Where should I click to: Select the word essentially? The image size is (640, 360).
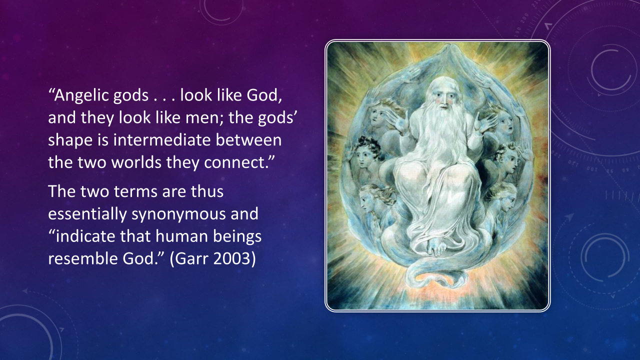(87, 214)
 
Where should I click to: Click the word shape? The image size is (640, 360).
(70, 141)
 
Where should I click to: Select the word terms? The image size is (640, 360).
(135, 191)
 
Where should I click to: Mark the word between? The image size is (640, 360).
(248, 140)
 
